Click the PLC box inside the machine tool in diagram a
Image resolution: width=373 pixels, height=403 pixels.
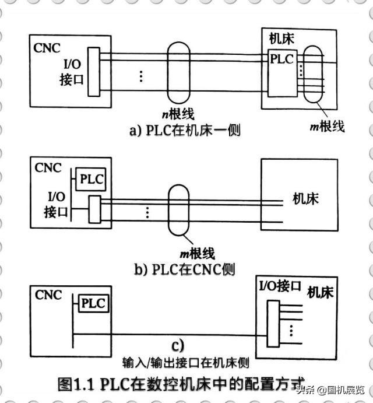(x=282, y=59)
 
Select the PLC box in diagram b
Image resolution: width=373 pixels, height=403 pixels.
(x=92, y=180)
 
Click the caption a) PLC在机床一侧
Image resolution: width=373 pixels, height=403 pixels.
(x=185, y=129)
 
